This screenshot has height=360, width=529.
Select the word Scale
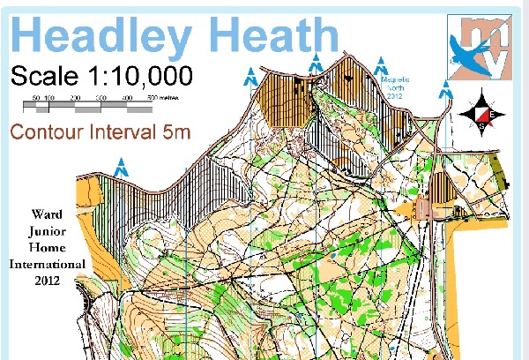click(44, 76)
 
